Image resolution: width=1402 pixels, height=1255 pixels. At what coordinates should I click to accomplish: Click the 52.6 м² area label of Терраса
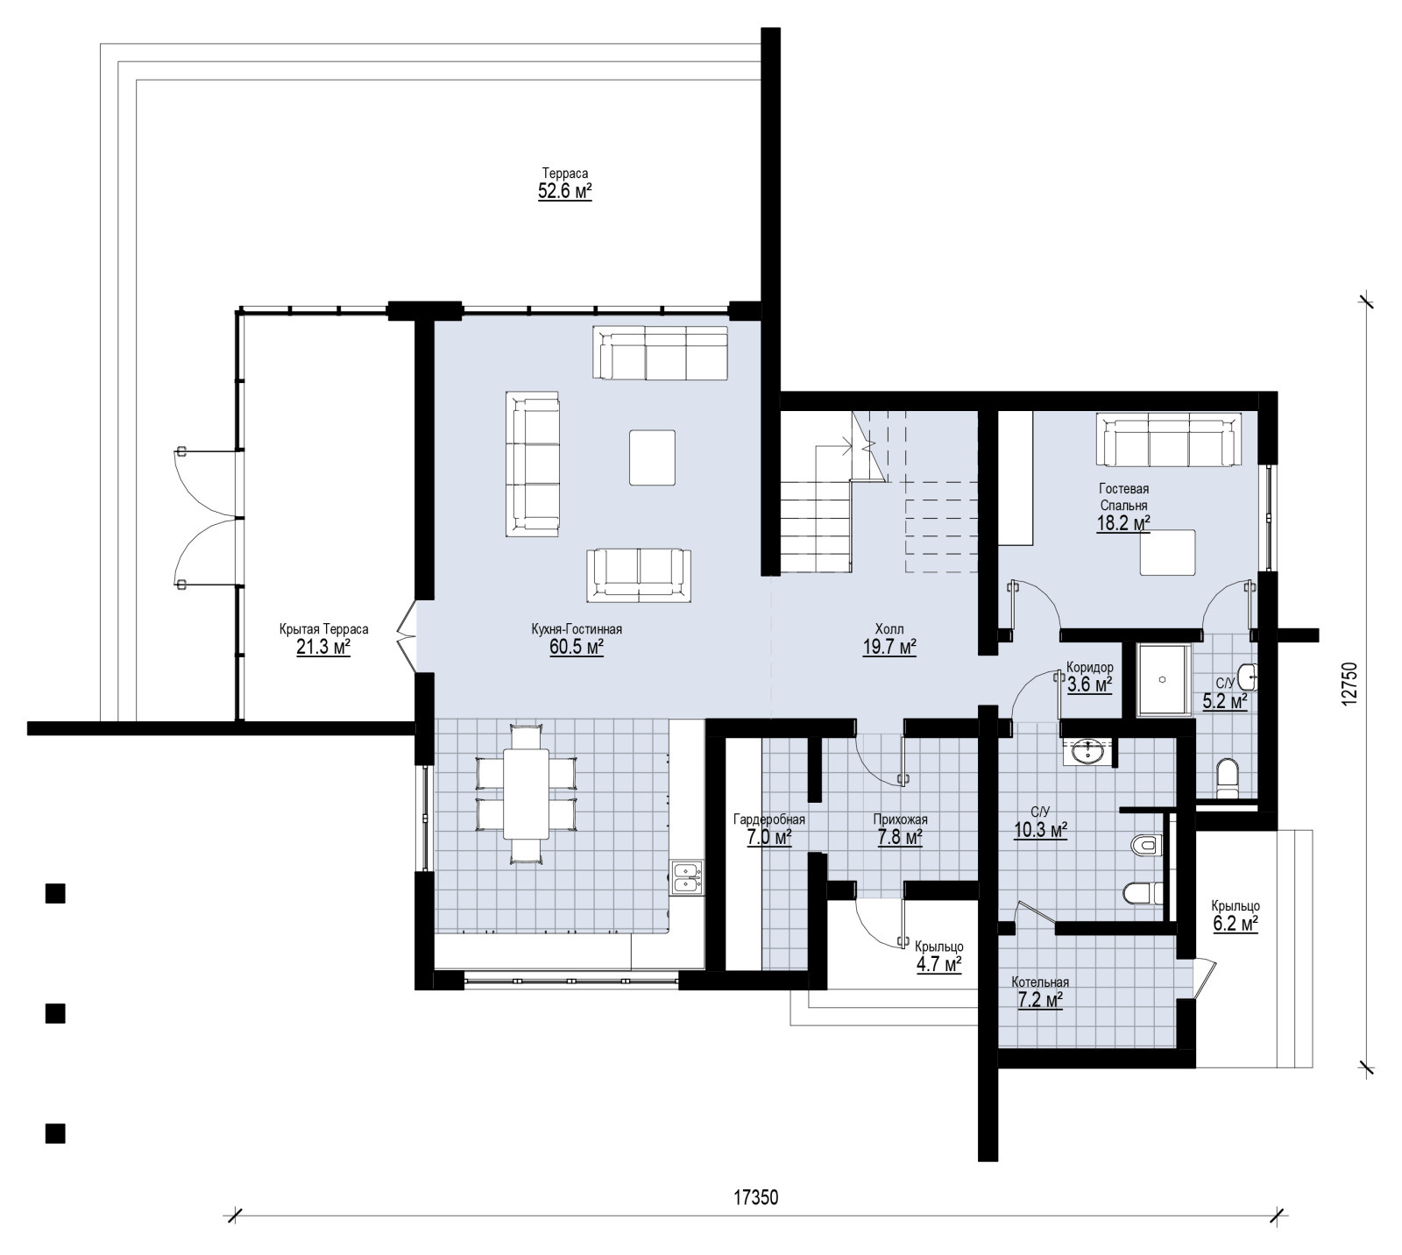coord(565,191)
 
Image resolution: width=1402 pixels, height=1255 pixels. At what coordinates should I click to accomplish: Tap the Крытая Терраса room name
coord(324,629)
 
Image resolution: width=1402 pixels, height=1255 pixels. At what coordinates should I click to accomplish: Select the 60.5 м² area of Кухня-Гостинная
coord(577,648)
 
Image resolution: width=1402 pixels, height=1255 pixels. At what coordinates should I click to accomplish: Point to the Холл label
coord(889,629)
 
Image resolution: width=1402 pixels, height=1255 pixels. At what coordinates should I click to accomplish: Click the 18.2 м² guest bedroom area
coord(1123,524)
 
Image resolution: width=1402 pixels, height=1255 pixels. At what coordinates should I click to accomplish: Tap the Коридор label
coord(1090,667)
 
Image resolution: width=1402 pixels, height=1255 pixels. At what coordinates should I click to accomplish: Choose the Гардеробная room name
coord(769,819)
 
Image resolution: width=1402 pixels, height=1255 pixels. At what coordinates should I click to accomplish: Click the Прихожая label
coord(900,819)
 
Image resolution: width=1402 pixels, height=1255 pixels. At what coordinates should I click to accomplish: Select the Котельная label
coord(1040,982)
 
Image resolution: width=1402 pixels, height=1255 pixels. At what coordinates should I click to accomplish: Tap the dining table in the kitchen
coord(526,792)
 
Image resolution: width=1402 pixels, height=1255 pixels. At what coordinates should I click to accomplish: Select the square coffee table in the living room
coord(652,457)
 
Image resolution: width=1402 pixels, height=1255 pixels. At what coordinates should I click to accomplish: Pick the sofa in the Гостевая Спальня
coord(1169,440)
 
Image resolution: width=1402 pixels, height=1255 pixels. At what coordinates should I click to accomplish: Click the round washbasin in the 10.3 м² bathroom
coord(1089,752)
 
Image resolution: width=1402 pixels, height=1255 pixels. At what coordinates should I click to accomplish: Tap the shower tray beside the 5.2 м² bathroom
coord(1162,681)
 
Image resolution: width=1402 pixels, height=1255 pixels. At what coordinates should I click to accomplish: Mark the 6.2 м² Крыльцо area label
coord(1236,924)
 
